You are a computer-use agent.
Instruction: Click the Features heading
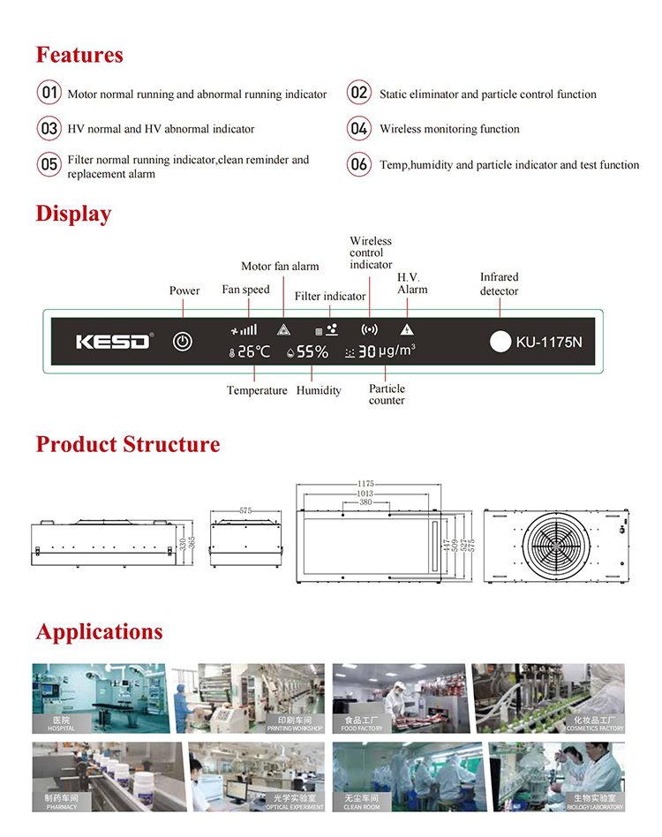point(79,55)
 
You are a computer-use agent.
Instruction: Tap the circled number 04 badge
point(358,129)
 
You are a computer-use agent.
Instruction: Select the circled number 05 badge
point(48,164)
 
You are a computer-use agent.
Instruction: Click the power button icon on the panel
point(182,342)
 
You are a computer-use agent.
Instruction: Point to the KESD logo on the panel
point(113,342)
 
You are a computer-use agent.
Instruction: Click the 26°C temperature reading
point(248,351)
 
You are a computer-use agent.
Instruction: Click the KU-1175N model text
point(549,342)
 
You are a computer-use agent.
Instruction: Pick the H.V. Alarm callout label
point(412,283)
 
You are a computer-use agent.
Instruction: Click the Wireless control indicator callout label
point(371,253)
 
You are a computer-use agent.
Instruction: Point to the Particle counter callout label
point(387,395)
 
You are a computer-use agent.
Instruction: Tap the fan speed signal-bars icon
point(244,329)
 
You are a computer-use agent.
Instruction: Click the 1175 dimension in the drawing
point(366,484)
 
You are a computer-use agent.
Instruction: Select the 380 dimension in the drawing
point(365,502)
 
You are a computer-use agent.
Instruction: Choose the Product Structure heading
point(128,444)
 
